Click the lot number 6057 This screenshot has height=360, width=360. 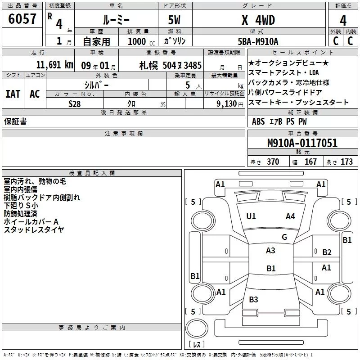pyautogui.click(x=22, y=19)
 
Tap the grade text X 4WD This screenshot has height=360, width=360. pyautogui.click(x=258, y=20)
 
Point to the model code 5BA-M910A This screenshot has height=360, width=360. pyautogui.click(x=258, y=41)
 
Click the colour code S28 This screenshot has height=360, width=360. pyautogui.click(x=75, y=103)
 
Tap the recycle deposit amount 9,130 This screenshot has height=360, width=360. pyautogui.click(x=224, y=103)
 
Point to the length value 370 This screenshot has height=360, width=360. pyautogui.click(x=273, y=162)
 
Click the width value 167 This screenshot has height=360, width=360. pyautogui.click(x=310, y=162)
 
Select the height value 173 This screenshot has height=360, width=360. pyautogui.click(x=346, y=162)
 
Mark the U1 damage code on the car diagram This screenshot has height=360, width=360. pyautogui.click(x=251, y=216)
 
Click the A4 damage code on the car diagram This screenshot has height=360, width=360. pyautogui.click(x=291, y=216)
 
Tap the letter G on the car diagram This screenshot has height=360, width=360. pyautogui.click(x=284, y=237)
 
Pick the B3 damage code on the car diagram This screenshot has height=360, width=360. pyautogui.click(x=253, y=300)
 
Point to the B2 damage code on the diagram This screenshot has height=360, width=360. pyautogui.click(x=327, y=252)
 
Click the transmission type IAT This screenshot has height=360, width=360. pyautogui.click(x=13, y=94)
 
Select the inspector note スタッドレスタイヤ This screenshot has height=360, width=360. pyautogui.click(x=34, y=230)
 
